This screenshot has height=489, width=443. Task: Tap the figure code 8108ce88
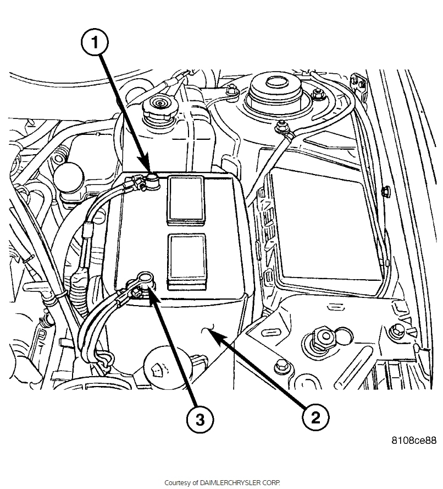[x=414, y=441]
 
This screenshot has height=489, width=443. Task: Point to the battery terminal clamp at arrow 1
[x=151, y=179]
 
